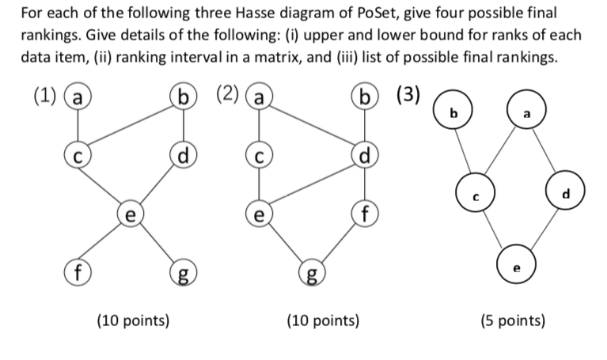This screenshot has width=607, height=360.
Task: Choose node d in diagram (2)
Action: (x=365, y=153)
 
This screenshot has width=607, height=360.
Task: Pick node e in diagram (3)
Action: (x=517, y=267)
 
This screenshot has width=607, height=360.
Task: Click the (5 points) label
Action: (x=514, y=320)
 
